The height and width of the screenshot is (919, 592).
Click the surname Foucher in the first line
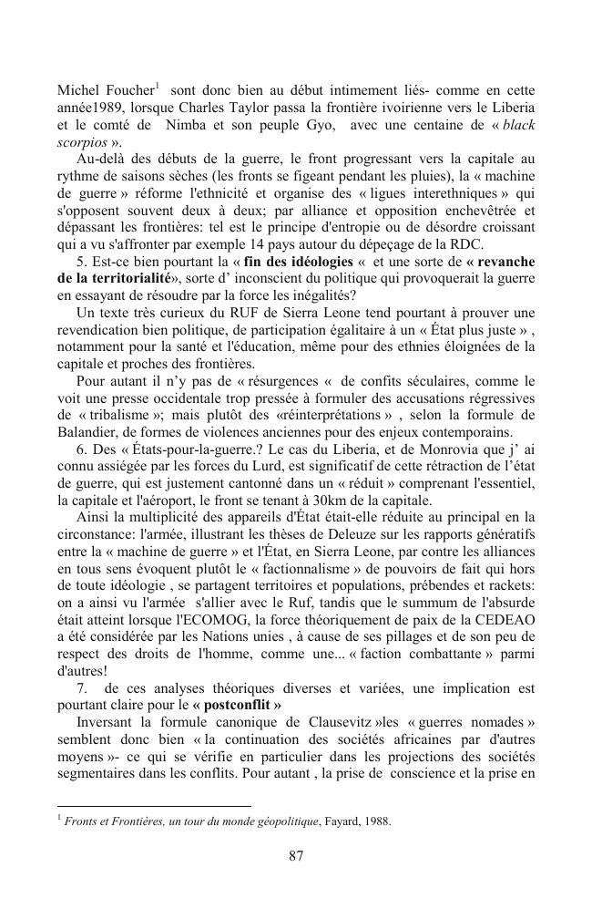[x=127, y=91]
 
